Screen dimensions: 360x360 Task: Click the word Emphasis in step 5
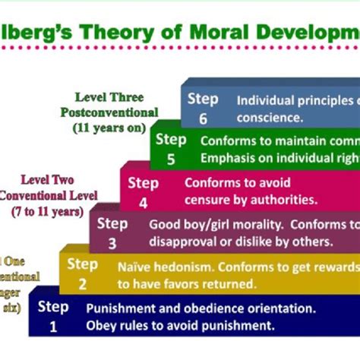[226, 158]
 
